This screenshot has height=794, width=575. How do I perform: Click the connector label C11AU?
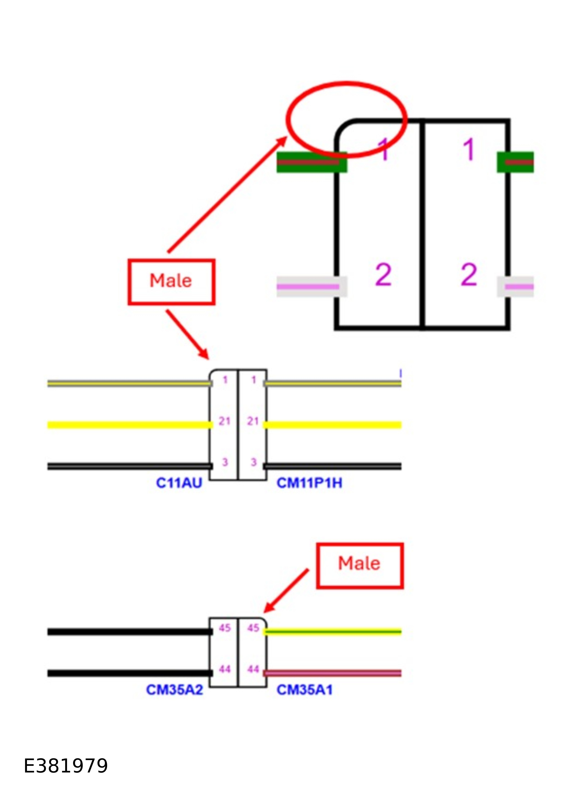(x=179, y=483)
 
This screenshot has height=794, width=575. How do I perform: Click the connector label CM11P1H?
(x=309, y=483)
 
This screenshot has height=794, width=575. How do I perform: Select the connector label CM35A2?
(x=174, y=690)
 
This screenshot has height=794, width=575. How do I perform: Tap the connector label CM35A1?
(x=304, y=690)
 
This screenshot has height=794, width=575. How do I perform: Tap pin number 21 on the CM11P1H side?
(x=253, y=421)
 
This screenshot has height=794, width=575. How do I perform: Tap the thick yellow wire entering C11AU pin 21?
(x=130, y=425)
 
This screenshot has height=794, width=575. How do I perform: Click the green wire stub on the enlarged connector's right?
(x=515, y=162)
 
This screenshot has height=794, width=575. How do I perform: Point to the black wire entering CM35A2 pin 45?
(x=130, y=632)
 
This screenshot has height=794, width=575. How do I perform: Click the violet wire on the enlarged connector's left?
(x=308, y=287)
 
